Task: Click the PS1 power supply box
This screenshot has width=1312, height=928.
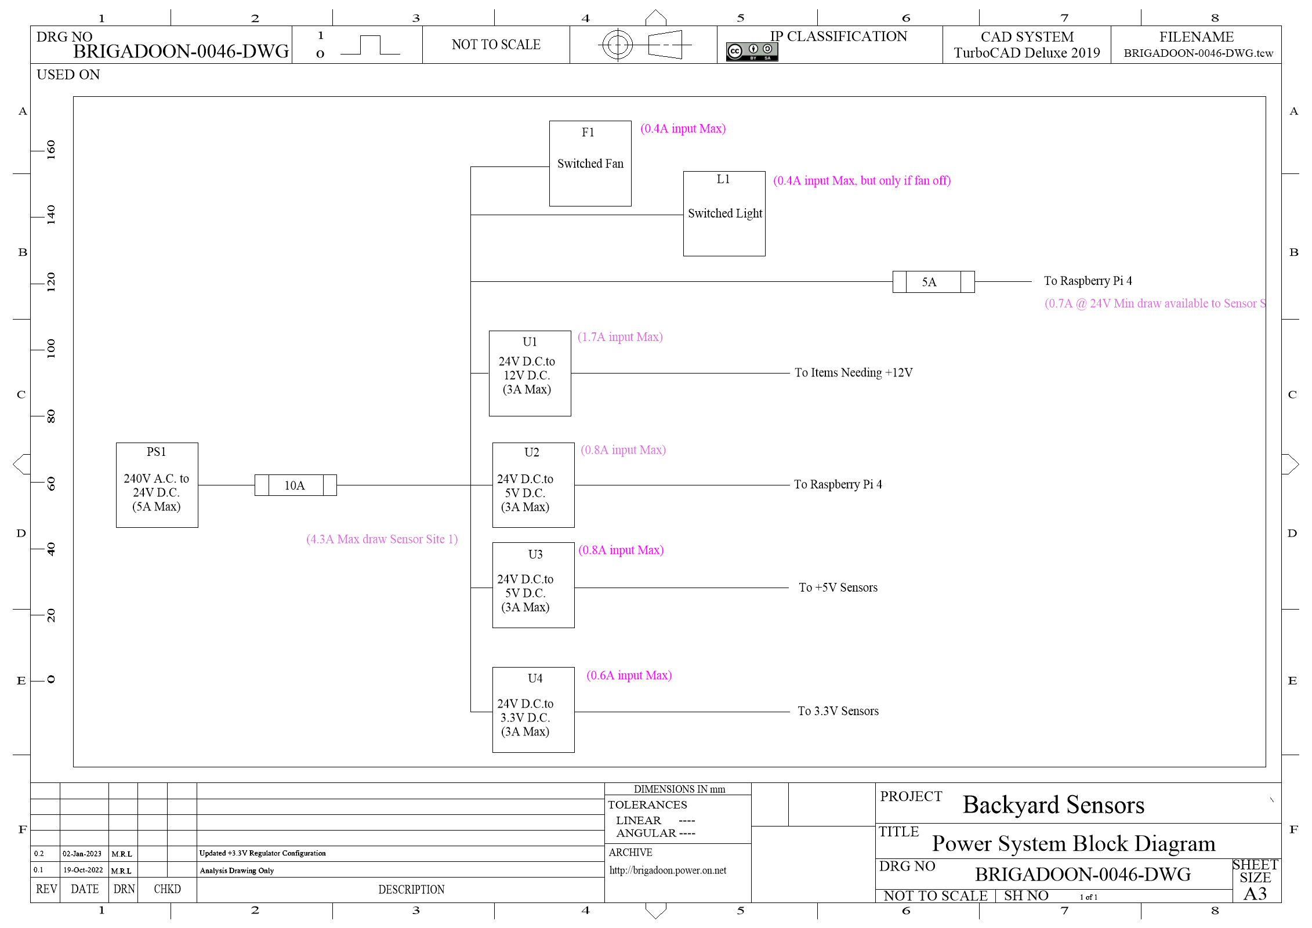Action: click(x=157, y=485)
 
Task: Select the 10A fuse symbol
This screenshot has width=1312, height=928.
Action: click(x=295, y=485)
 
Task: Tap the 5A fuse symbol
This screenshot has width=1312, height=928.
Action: click(x=933, y=282)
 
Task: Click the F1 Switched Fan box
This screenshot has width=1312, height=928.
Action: click(x=590, y=164)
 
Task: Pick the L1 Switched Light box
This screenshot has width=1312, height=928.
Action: click(x=724, y=213)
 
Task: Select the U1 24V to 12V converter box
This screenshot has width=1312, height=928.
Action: click(x=530, y=374)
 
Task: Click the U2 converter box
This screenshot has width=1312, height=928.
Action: click(x=533, y=485)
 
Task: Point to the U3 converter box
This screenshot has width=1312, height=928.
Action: click(x=533, y=585)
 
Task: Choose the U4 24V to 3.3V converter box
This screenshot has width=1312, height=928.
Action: click(x=533, y=710)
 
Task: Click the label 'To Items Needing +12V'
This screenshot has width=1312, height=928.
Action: click(x=853, y=373)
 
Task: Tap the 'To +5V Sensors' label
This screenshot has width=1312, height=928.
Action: click(x=838, y=588)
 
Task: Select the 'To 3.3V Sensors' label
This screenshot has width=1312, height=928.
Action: click(x=838, y=711)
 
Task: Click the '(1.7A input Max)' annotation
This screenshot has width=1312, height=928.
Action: click(x=620, y=337)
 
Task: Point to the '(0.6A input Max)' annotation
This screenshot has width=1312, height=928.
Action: click(x=629, y=676)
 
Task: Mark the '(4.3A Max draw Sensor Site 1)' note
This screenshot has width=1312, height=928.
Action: click(x=382, y=539)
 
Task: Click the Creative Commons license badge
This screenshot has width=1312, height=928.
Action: click(x=752, y=52)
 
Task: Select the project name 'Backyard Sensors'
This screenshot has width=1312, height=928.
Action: click(x=1053, y=805)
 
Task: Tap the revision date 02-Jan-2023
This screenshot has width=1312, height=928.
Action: click(x=82, y=854)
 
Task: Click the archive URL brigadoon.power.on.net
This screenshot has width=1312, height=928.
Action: click(x=668, y=871)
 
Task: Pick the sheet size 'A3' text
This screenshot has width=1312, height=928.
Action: click(x=1255, y=894)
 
